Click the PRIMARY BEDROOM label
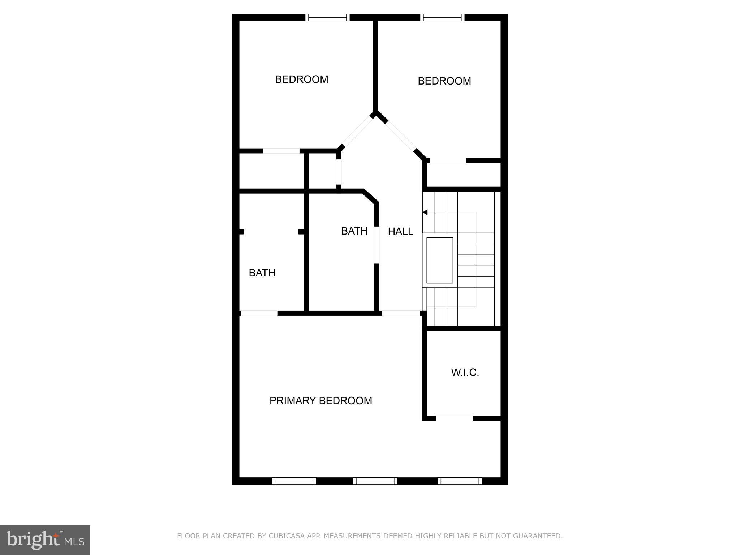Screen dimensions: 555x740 pos(320,401)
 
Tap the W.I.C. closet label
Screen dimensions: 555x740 pos(465,373)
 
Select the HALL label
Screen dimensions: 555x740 pos(400,232)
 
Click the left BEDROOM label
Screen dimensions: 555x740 pos(301,79)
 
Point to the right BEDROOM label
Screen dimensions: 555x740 pos(444,81)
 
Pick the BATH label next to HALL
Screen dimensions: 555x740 pos(354,231)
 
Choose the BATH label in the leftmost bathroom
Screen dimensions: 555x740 pos(262,273)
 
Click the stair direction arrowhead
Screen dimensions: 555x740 pos(425,212)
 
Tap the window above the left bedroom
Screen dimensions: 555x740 pos(327,17)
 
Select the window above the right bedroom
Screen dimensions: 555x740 pos(442,17)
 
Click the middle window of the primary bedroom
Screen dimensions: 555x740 pos(375,481)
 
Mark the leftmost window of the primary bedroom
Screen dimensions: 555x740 pos(294,481)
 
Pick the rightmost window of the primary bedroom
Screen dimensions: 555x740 pos(460,481)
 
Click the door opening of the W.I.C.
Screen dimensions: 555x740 pos(454,418)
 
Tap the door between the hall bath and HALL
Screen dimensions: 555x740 pos(377,245)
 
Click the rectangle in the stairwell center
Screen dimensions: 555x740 pos(440,260)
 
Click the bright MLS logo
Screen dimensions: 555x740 pos(45,540)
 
